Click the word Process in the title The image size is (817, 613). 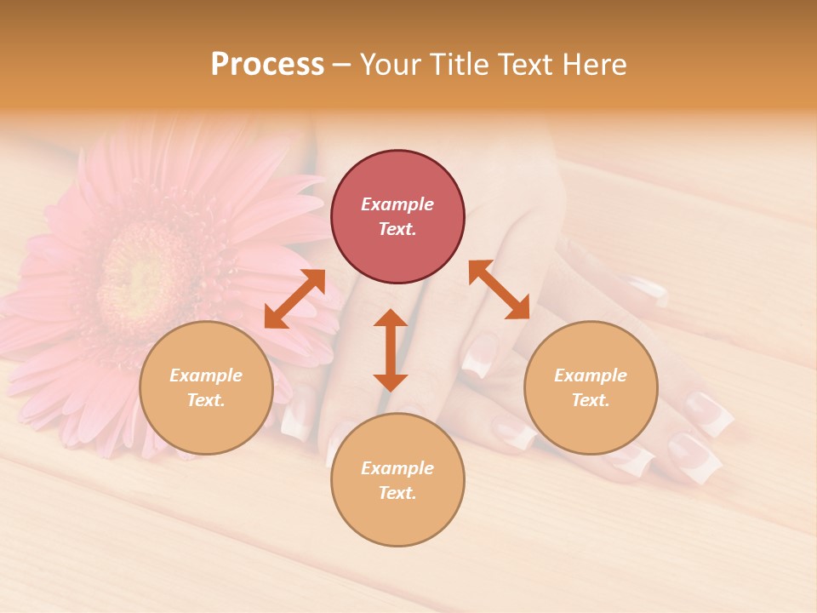tap(267, 65)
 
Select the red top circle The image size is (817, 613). tap(397, 216)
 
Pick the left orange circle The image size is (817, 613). tap(206, 387)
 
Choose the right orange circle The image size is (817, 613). tap(591, 387)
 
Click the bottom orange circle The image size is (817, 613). tap(397, 480)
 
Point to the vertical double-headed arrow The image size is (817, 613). tap(391, 350)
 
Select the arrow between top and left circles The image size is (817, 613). tap(294, 298)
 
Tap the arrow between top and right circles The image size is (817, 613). tap(499, 289)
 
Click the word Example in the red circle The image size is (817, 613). tap(397, 204)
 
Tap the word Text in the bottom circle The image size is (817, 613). tap(397, 494)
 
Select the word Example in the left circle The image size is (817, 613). tap(206, 375)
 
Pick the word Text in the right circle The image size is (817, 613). tap(591, 401)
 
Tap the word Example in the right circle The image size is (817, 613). tap(591, 375)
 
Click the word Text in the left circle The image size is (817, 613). tap(206, 401)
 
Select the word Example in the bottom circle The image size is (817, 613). tap(397, 468)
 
